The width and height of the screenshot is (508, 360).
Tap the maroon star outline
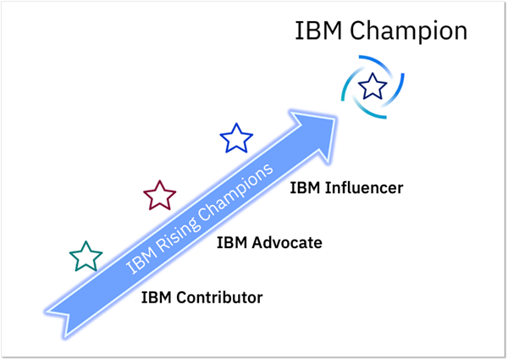point(158,196)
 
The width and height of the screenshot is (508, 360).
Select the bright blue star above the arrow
point(236,138)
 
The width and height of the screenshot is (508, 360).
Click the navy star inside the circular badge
point(372,85)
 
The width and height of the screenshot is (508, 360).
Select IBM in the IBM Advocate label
point(231,243)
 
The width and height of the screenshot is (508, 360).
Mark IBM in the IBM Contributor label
point(155,297)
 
